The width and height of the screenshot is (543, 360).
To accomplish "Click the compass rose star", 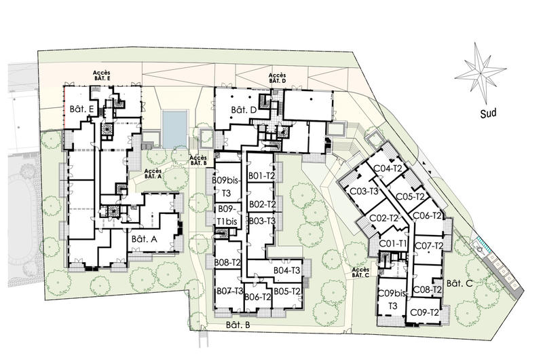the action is coord(481,73).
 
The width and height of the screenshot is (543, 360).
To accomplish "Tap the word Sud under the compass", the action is coord(488,113).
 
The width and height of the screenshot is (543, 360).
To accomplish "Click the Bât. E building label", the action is coord(81,109).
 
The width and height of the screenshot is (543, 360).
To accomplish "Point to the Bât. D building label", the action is coord(244,110).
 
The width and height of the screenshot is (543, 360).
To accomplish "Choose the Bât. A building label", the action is coord(145,239).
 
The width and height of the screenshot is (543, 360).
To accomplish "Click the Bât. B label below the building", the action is coord(238,325).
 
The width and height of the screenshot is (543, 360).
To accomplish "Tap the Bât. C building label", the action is coord(460,283).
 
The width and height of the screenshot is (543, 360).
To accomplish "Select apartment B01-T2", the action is coord(261,176).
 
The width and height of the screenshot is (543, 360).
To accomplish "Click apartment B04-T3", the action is coord(286,270).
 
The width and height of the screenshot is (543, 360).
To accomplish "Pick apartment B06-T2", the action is coord(258,297).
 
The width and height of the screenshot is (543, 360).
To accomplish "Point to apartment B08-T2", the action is coord(227,262).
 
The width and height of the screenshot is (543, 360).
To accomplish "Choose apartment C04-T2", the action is coord(388,168).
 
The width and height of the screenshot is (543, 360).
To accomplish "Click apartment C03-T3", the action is coord(364,191).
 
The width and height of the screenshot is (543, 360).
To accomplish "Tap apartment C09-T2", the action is coord(425,312).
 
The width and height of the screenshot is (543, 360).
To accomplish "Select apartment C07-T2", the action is coord(429,246).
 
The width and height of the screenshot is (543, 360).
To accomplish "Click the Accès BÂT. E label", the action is coord(101,75).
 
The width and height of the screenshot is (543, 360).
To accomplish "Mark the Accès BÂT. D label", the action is coord(278,78).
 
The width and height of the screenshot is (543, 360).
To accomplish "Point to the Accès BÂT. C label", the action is coord(360,272).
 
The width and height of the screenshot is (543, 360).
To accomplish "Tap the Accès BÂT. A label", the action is coord(153,174).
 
